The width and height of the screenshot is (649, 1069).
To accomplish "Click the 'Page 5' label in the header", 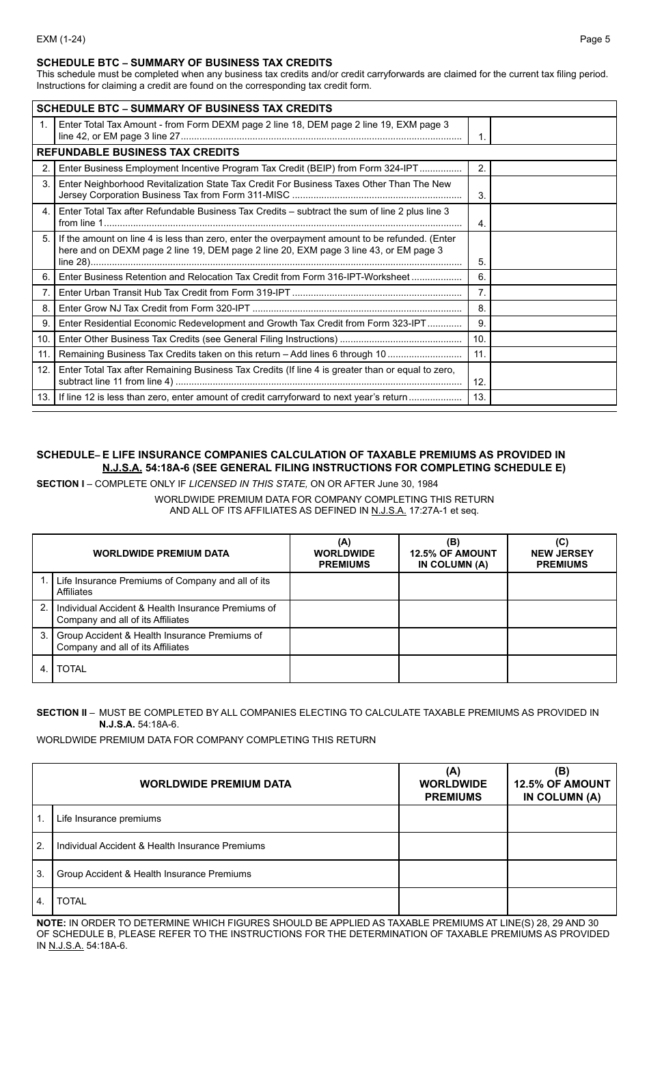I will pos(594,39).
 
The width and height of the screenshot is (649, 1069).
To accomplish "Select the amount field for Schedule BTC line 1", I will pos(553,130).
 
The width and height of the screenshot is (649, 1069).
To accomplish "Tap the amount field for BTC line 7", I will pos(553,292).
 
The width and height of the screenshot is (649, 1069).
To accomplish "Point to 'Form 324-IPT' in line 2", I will pos(389,169).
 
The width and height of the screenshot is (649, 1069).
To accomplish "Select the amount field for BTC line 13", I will pos(553,397).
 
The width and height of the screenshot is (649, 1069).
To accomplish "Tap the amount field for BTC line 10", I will pos(553,339).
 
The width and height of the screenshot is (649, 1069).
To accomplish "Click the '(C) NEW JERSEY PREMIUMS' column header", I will pos(562,553).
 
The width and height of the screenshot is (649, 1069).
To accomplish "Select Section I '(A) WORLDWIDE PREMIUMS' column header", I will pos(344,553).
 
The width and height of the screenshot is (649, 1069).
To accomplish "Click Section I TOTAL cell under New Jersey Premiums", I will pos(562,669).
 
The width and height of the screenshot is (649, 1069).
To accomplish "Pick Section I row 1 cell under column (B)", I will pos(452,586).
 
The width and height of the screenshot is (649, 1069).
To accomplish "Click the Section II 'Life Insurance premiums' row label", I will pos(109,818).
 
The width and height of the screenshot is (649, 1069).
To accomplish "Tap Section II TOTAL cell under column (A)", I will pos(452,901).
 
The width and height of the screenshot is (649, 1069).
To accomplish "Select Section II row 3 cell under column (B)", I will pos(562,874).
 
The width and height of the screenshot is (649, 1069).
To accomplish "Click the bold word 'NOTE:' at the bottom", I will pos(51,923).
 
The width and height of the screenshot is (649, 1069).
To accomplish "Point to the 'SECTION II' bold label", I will pos(61,712).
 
